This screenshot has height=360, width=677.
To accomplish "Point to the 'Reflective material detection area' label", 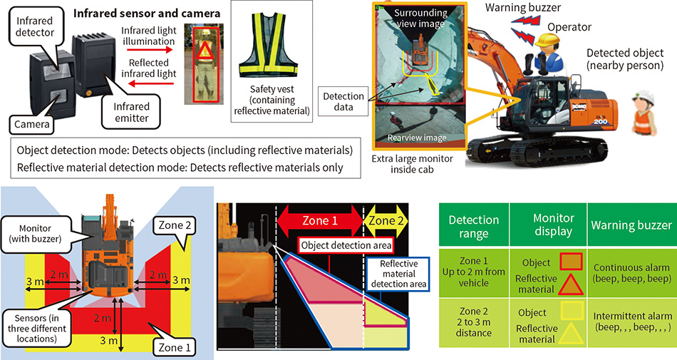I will [397, 273].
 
